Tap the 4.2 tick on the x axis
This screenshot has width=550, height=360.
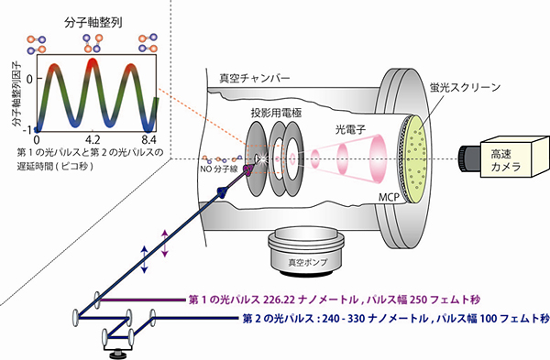92,140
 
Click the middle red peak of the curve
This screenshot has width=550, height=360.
92,64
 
